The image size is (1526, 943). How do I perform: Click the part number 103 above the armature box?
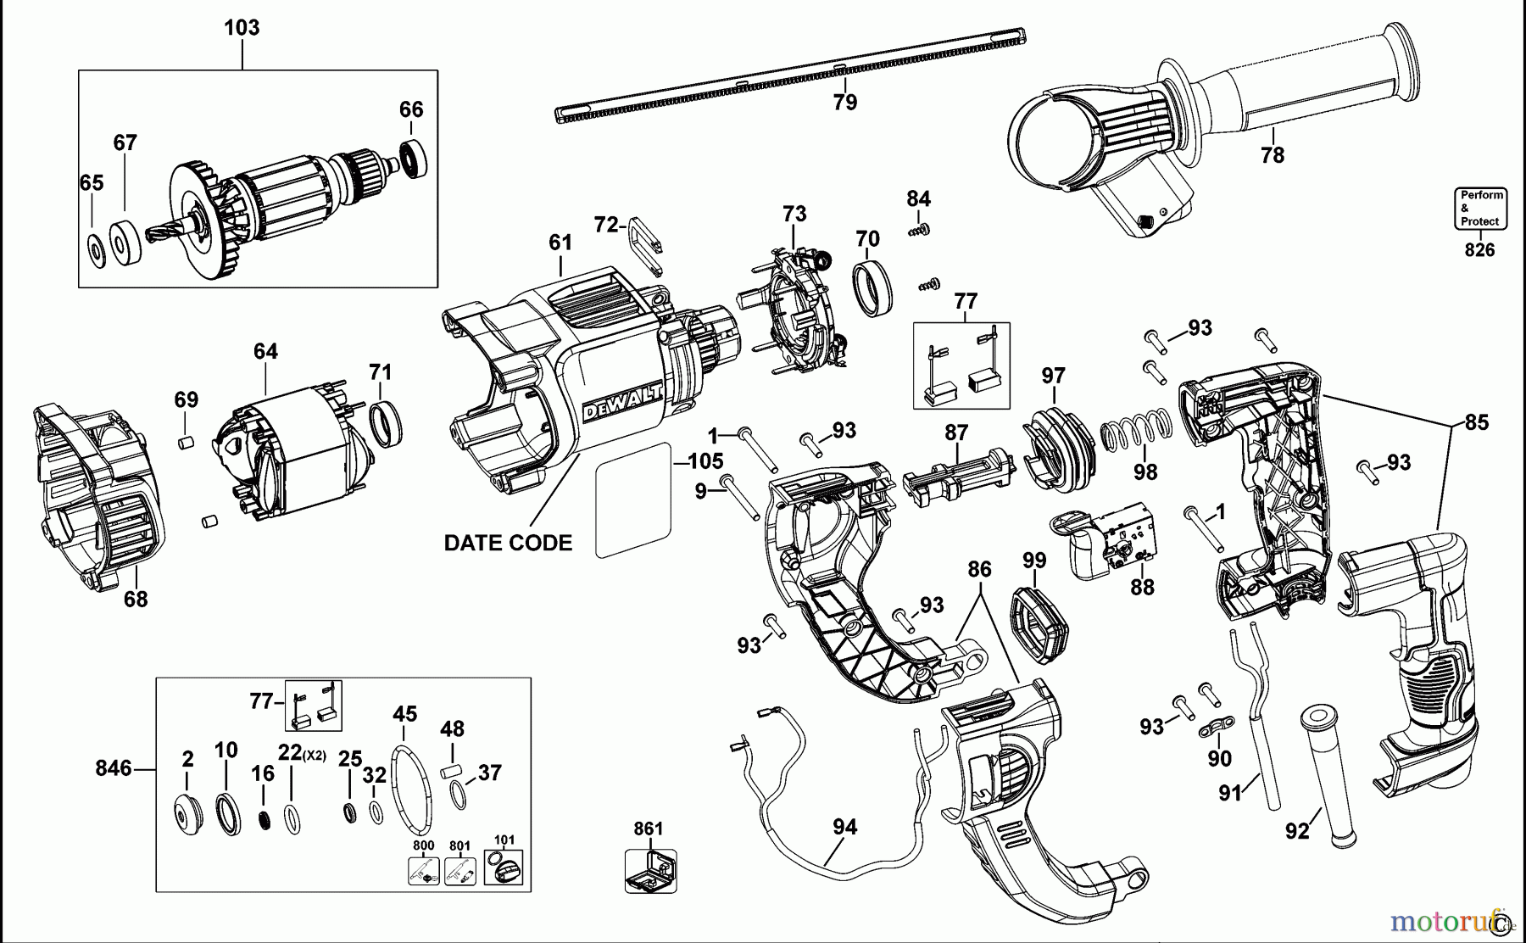[x=242, y=27]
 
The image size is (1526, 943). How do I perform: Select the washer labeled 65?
[x=96, y=250]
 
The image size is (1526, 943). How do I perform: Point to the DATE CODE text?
[x=508, y=544]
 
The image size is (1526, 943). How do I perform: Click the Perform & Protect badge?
[x=1480, y=208]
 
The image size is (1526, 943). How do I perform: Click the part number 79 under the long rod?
[x=844, y=103]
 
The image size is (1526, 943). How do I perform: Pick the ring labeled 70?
[x=871, y=287]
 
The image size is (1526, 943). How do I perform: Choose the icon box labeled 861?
[x=650, y=869]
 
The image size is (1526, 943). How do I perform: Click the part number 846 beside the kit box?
[x=113, y=768]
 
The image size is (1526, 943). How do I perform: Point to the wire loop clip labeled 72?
[x=647, y=245]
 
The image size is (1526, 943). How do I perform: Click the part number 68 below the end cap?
[x=136, y=600]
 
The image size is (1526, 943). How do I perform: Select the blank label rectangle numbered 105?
[x=633, y=500]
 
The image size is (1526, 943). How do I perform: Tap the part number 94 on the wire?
[x=844, y=827]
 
